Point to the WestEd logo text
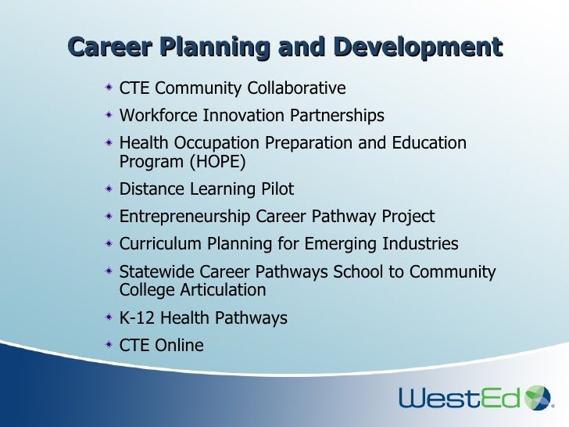(x=460, y=398)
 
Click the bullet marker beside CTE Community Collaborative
(x=110, y=88)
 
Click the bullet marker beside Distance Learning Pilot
(x=110, y=188)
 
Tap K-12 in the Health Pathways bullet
(x=138, y=318)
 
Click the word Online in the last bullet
(x=179, y=346)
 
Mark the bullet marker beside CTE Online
(x=110, y=345)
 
